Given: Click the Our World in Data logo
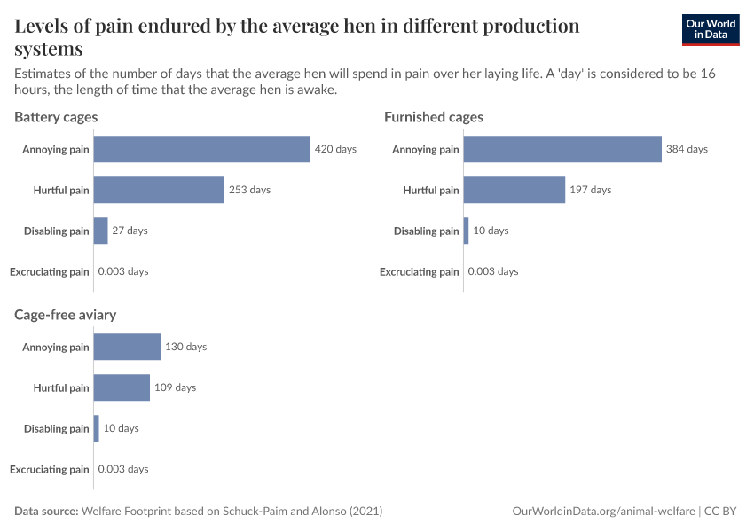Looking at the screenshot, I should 710,29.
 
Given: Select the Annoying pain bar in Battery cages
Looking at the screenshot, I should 201,149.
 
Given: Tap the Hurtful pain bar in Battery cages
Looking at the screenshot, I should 159,190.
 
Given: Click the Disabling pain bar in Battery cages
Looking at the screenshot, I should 100,231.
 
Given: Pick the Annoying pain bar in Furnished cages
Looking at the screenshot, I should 562,149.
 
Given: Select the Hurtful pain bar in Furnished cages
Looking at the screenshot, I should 514,190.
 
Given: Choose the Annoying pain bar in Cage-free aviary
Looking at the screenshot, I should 127,347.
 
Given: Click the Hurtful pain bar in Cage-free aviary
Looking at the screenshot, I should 122,387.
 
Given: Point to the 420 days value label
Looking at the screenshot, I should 335,149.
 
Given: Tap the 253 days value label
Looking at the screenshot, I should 249,190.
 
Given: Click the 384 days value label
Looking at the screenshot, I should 687,149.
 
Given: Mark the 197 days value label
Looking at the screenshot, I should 590,190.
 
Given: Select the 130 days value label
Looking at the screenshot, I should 185,347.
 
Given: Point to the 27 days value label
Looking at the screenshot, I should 130,231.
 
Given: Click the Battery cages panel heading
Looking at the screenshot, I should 56,117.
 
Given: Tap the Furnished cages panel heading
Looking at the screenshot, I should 433,117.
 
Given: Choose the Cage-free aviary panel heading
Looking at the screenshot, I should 65,315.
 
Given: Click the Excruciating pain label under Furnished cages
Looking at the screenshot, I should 420,271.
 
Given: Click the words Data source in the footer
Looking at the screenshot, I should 46,512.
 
